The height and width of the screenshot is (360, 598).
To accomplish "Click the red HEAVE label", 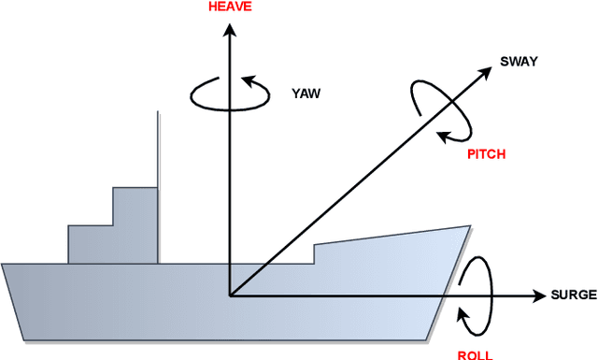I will pyautogui.click(x=228, y=7).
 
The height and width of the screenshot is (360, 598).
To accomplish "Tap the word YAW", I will pyautogui.click(x=306, y=94).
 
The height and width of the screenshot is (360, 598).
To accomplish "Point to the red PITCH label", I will pyautogui.click(x=486, y=154).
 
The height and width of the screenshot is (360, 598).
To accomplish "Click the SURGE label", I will pyautogui.click(x=574, y=295).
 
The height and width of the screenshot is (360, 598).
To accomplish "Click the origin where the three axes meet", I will pyautogui.click(x=228, y=295).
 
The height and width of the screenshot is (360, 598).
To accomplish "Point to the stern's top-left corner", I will pyautogui.click(x=3, y=265).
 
